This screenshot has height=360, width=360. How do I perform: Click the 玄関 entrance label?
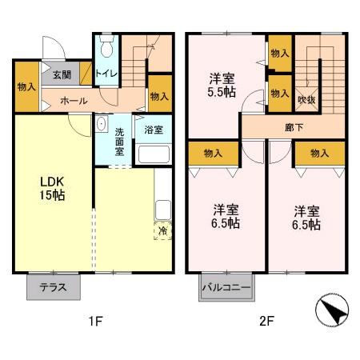click(x=62, y=74)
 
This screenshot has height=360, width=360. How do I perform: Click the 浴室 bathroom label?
click(x=153, y=128)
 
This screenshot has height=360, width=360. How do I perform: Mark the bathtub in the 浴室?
click(x=153, y=154)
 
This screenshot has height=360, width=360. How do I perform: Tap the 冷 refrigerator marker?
click(x=162, y=231)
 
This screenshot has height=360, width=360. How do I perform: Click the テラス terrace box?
click(x=53, y=287)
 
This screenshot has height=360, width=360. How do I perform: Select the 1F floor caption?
click(x=96, y=322)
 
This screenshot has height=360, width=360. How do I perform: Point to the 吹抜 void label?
click(x=306, y=99)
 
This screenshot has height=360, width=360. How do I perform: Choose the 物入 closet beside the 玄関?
click(x=26, y=86)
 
